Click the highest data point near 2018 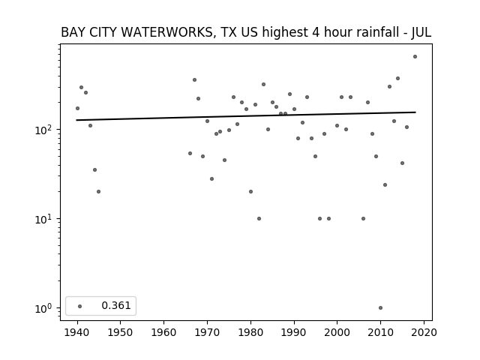(x=415, y=57)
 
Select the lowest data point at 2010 (x=380, y=308)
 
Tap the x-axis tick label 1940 (x=76, y=332)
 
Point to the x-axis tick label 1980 (x=250, y=332)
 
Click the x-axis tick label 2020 (x=424, y=332)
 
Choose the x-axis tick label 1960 (x=163, y=332)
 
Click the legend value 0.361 (x=116, y=305)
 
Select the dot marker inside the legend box (x=80, y=306)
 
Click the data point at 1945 (x=98, y=192)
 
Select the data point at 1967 (x=195, y=80)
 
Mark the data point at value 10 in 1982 (x=259, y=218)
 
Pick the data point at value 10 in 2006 (x=363, y=218)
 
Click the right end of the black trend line (x=415, y=112)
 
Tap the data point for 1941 (x=82, y=87)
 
